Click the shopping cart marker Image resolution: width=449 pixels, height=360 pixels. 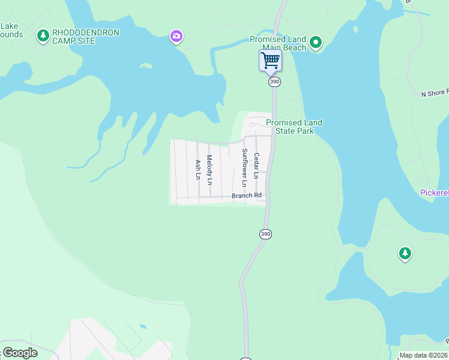[x=270, y=61]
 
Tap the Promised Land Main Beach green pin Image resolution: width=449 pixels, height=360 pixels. [x=316, y=43]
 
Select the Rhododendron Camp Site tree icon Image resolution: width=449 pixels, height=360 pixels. [x=43, y=36]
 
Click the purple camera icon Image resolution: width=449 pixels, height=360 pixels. [x=176, y=37]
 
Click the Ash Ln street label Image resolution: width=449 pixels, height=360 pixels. [x=197, y=169]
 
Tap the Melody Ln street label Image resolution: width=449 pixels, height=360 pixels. [x=209, y=170]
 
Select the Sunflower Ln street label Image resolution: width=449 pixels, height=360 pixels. [x=244, y=167]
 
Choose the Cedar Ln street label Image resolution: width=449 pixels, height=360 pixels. [x=256, y=166]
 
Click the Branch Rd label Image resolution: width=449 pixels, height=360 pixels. [x=247, y=196]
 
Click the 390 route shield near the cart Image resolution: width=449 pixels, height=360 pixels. [x=274, y=82]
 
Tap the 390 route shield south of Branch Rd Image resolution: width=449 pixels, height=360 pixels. [x=265, y=234]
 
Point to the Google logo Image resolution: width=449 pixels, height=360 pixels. [x=20, y=352]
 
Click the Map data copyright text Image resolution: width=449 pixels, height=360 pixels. [x=423, y=355]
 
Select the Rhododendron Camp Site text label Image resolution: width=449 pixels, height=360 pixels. [x=86, y=36]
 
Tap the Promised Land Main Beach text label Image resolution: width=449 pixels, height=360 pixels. [x=278, y=43]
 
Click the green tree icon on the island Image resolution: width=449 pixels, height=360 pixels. [x=405, y=254]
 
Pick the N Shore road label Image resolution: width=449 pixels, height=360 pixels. [x=435, y=94]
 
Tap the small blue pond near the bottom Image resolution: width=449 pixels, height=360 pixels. [x=143, y=327]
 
